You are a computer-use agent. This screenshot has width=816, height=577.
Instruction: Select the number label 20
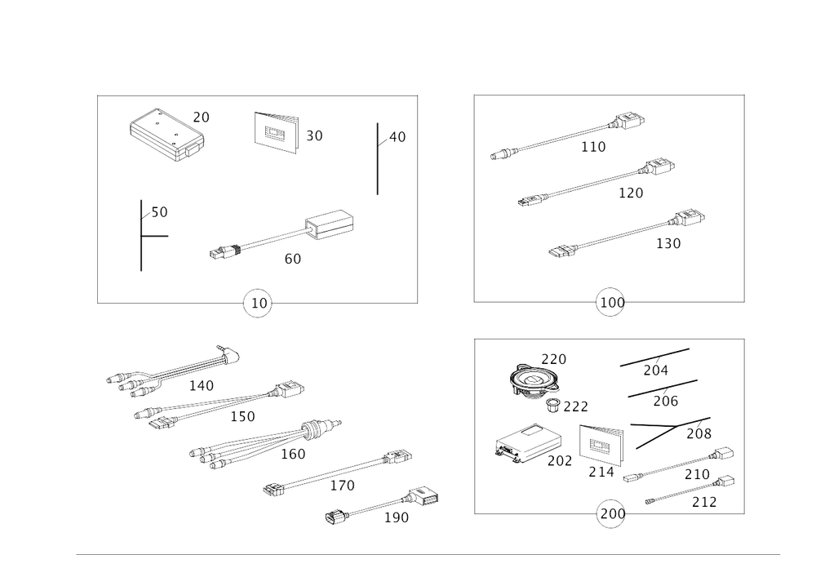[x=201, y=118]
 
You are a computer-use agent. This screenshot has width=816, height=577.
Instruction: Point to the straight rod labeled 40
[x=377, y=160]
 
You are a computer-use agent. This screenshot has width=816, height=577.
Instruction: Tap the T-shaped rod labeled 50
[x=141, y=235]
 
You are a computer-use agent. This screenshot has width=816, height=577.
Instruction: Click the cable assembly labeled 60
[x=286, y=234]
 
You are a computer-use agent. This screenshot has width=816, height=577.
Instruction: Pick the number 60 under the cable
[x=291, y=259]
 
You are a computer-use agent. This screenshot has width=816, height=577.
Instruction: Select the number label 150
[x=242, y=417]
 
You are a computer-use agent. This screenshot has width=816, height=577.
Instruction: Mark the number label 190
[x=397, y=518]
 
